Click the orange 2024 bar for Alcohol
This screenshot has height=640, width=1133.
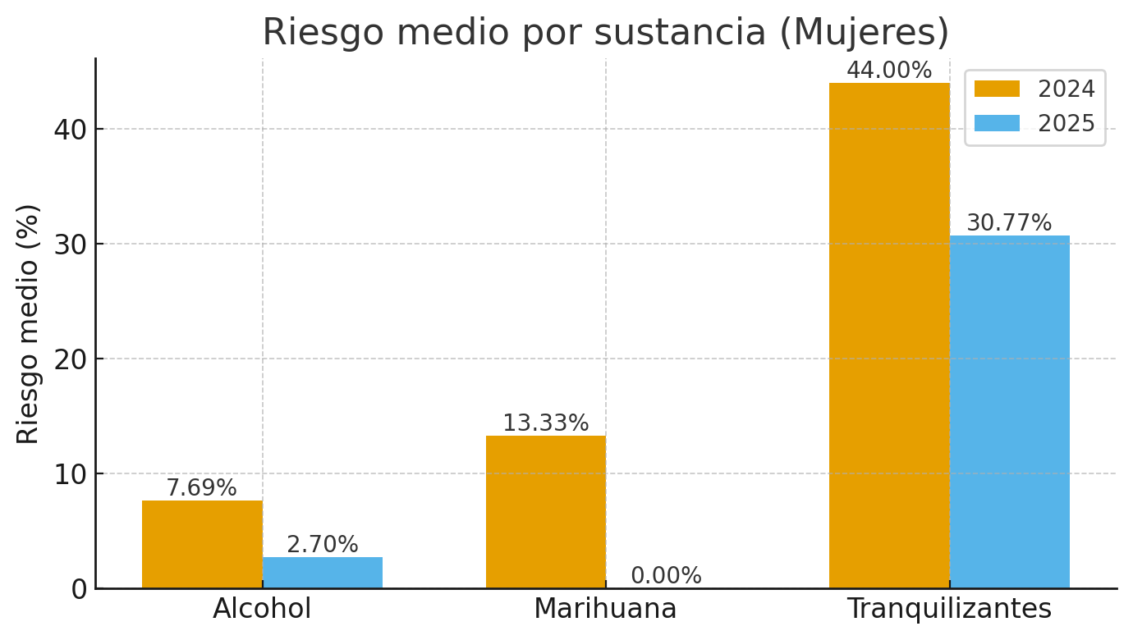tap(202, 544)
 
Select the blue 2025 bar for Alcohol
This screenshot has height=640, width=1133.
tap(323, 573)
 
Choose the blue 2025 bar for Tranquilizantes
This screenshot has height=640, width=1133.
tap(1010, 412)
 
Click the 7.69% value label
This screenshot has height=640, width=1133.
tap(201, 488)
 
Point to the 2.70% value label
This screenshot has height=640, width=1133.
tap(323, 545)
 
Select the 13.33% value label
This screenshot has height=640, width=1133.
tap(546, 423)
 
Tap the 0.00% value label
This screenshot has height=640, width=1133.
tap(666, 576)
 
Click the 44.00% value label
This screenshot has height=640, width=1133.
tap(889, 71)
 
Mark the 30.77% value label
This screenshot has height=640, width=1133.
tap(1009, 223)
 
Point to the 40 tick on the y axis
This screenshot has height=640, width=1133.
tap(70, 130)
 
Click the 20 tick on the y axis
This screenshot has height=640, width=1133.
tap(70, 359)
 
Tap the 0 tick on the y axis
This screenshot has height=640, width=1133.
tap(79, 589)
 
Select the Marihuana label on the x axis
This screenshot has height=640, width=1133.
tap(605, 609)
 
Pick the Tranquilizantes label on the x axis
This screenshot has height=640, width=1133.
tap(949, 609)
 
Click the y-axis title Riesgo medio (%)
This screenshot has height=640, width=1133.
tap(29, 323)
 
